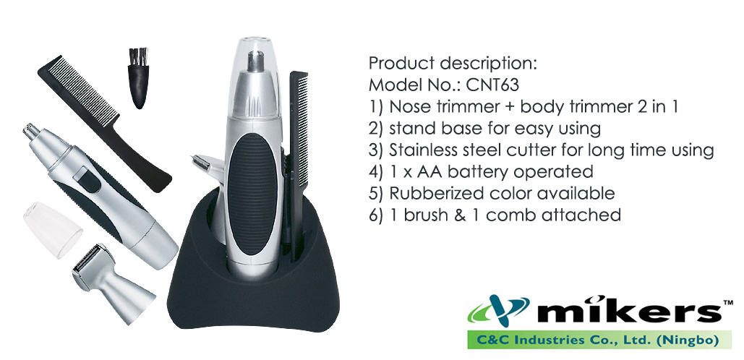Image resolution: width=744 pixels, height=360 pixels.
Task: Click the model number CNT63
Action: point(492,85)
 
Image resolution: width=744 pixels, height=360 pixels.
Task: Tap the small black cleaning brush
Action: point(138,78)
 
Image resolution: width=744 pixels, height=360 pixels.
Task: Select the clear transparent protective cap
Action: point(53,230)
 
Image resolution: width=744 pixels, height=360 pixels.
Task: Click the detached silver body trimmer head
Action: point(113,283)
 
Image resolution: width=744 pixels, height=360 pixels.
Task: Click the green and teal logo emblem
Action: point(498,310)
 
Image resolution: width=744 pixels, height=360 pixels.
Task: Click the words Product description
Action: point(453,64)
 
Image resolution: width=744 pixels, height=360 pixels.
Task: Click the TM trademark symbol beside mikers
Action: point(728,301)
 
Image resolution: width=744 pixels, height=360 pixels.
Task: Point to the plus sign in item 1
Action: point(509,107)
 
